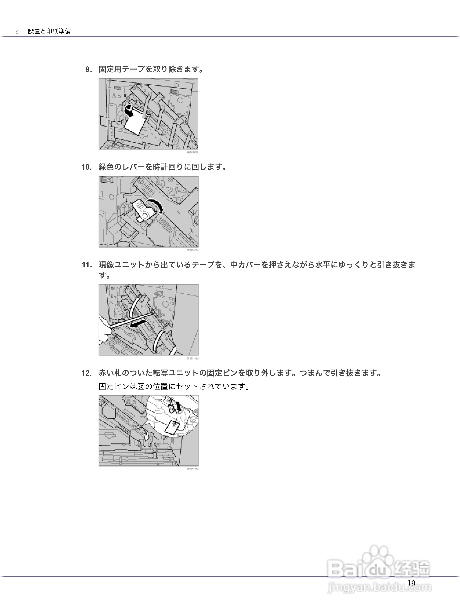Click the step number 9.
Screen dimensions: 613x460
[88, 69]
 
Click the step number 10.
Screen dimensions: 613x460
[86, 167]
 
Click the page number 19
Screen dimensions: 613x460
[411, 583]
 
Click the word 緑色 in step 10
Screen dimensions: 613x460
[106, 167]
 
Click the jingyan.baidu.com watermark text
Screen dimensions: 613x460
[379, 587]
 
